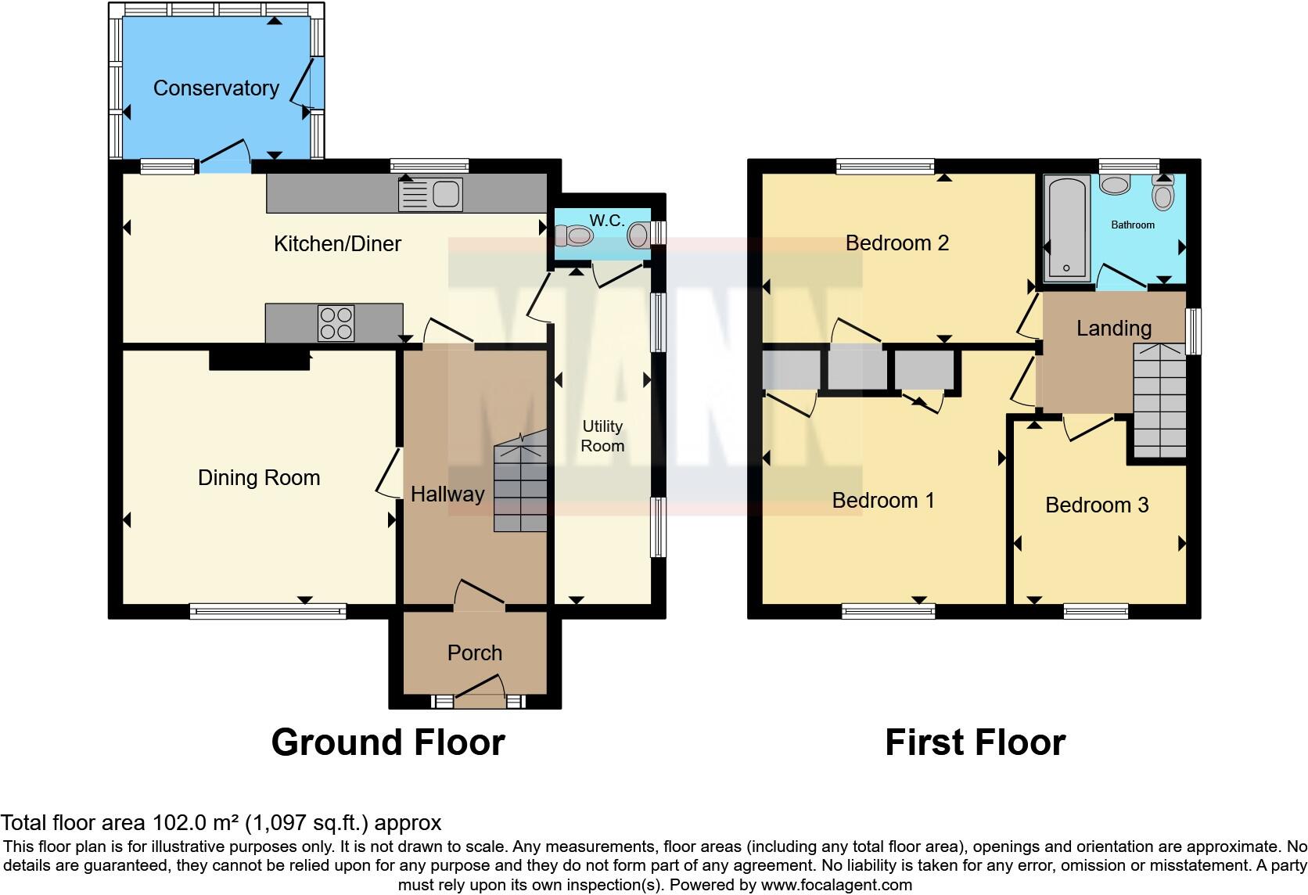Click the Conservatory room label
pos(216,88)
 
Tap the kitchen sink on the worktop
pos(430,194)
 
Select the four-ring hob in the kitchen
pos(336,323)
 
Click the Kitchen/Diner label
pos(337,244)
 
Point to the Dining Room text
pos(259,478)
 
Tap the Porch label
pos(474,652)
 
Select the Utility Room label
pos(602,436)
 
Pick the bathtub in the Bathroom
pos(1066,227)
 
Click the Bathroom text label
pos(1132,225)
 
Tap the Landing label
pos(1113,329)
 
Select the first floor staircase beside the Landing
pos(1160,401)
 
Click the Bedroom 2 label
pos(897,243)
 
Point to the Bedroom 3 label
pos(1096,505)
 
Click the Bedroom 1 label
pos(882,501)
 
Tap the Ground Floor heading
pos(388,742)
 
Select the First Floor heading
pos(975,742)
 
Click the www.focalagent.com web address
pos(835,885)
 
